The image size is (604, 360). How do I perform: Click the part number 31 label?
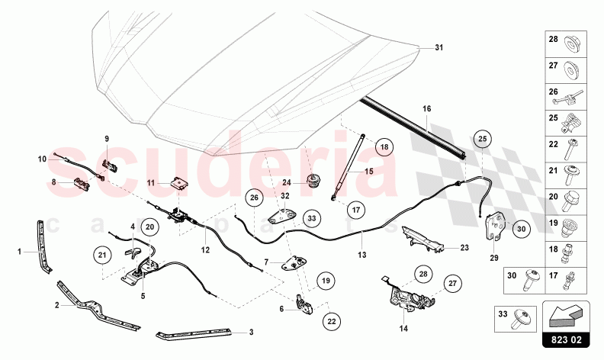(439, 48)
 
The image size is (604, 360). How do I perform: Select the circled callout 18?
(384, 146)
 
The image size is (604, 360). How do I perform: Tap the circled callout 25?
(482, 139)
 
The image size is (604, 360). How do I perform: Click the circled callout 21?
(101, 254)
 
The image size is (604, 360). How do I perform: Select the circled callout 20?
(149, 226)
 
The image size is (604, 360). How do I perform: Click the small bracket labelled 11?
(181, 183)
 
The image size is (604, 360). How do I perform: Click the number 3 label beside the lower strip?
(252, 333)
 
